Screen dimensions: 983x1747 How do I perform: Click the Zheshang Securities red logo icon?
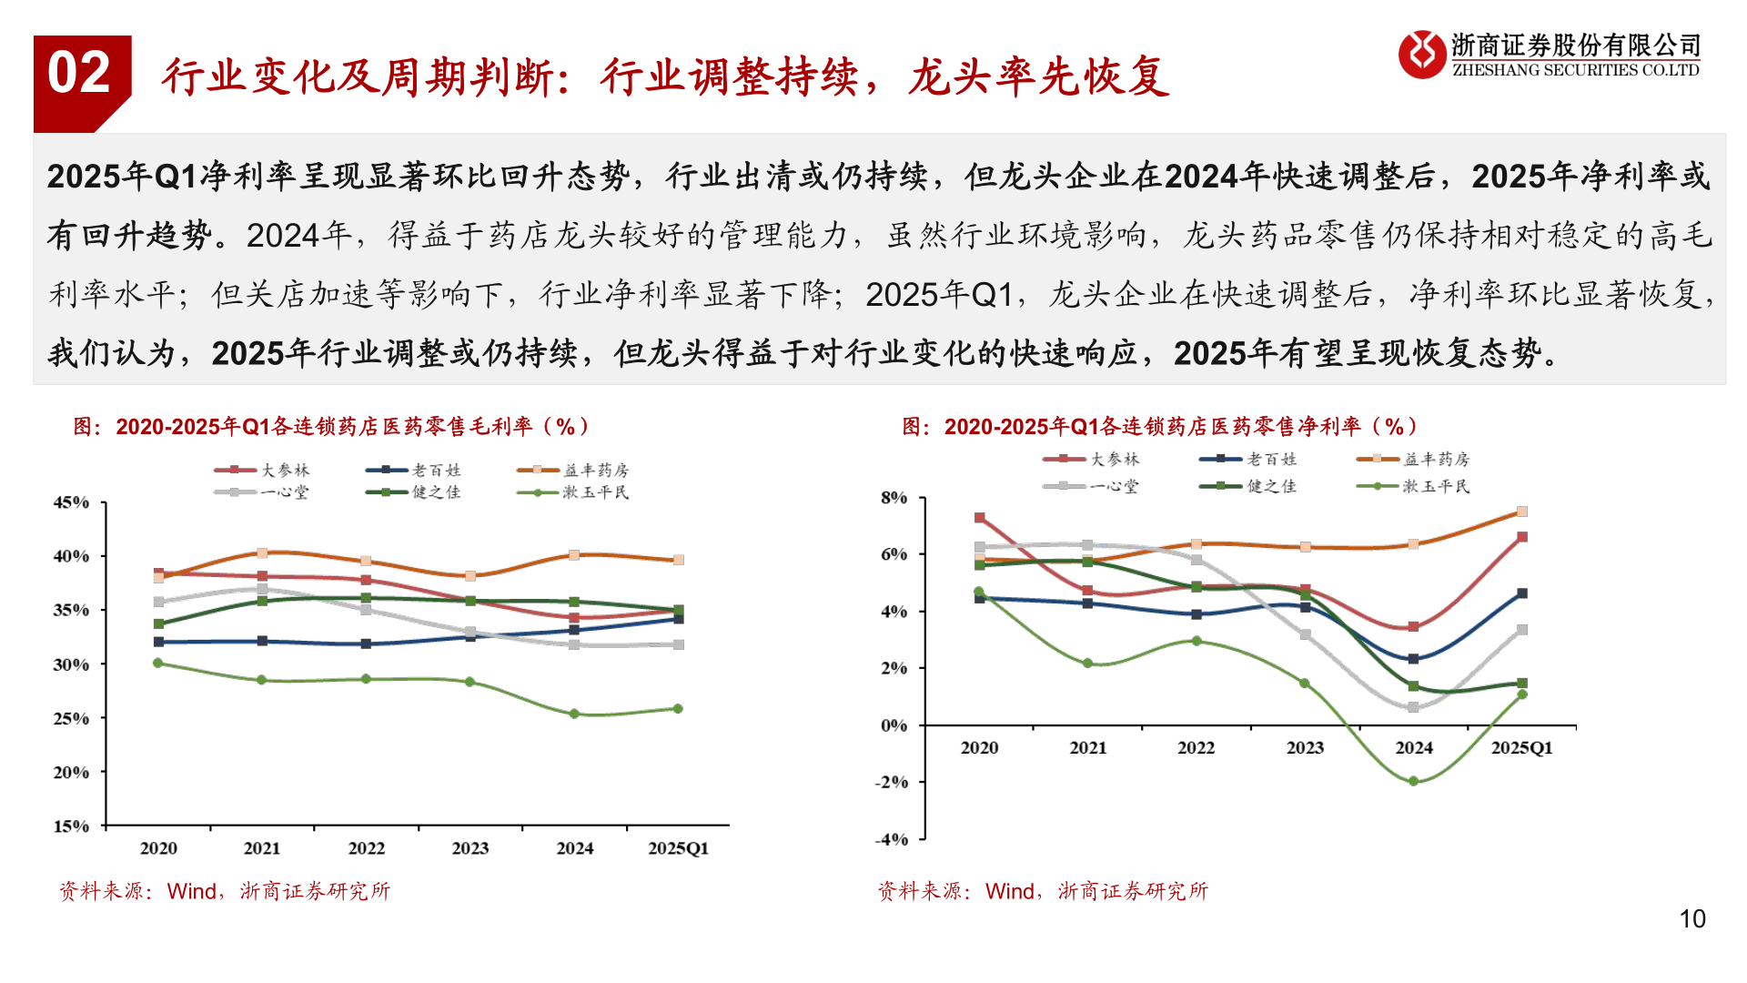coord(1420,54)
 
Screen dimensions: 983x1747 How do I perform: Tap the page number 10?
coord(1691,918)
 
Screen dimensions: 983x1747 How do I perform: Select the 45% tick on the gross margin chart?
coord(72,502)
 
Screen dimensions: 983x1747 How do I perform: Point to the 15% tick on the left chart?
coord(72,826)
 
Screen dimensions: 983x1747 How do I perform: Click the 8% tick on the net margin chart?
coord(894,498)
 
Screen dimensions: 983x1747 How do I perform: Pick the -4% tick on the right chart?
coord(892,839)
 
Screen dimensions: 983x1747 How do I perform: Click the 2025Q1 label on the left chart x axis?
coord(678,848)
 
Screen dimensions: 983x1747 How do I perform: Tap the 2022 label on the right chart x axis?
coord(1196,748)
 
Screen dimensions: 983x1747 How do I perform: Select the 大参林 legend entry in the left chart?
coord(263,470)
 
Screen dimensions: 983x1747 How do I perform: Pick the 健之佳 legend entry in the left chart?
coord(414,491)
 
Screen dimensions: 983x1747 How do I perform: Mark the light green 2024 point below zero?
coord(1413,782)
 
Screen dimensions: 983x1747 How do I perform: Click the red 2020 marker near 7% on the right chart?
coord(980,518)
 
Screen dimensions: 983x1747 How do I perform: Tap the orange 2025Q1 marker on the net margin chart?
coord(1522,512)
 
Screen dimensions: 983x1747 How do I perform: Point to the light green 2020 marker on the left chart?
coord(158,664)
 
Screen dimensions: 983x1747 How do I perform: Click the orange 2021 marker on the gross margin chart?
coord(262,553)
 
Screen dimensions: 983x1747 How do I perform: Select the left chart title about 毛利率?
coord(332,426)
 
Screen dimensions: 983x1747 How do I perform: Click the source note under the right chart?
coord(1043,891)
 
